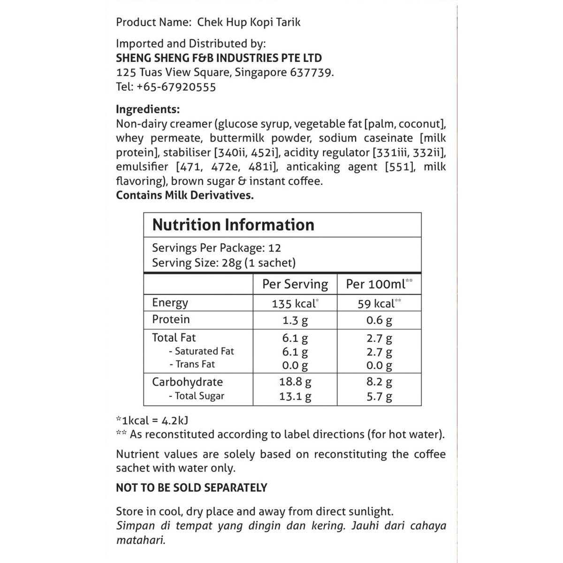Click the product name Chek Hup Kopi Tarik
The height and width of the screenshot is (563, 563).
(249, 22)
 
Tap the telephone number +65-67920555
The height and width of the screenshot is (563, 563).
(176, 87)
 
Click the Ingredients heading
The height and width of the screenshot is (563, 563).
(148, 109)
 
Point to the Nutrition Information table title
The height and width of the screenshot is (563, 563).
(233, 225)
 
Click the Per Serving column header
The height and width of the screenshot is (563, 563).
(295, 284)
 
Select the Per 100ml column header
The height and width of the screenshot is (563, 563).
(379, 284)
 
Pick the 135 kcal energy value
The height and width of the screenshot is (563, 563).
(295, 304)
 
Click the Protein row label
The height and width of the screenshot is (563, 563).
(171, 320)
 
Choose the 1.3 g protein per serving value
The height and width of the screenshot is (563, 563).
(295, 320)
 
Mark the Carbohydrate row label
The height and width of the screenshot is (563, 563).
(187, 382)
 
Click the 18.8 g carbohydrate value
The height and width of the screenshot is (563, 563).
(295, 382)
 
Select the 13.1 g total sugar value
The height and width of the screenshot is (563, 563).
(295, 396)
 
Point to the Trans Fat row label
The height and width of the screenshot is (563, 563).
(195, 364)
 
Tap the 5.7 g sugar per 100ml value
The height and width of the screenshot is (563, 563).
(379, 396)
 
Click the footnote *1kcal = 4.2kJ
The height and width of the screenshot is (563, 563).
(152, 420)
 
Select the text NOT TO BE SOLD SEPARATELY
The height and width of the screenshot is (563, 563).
(191, 487)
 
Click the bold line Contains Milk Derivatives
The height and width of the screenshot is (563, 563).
(185, 195)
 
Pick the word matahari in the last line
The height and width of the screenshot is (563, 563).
(141, 540)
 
